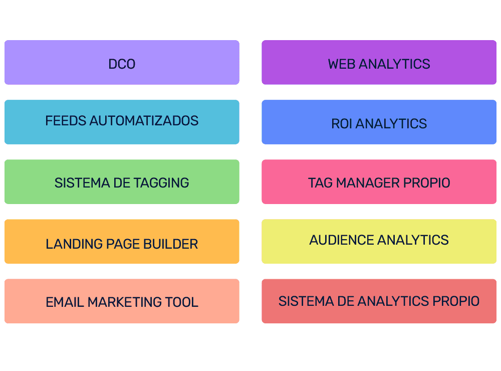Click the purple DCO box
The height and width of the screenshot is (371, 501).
coord(122,63)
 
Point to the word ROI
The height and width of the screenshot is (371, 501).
coord(342,124)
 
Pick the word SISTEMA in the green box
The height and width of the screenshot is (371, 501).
coord(78,182)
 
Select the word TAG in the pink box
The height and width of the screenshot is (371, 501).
coord(320,183)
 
